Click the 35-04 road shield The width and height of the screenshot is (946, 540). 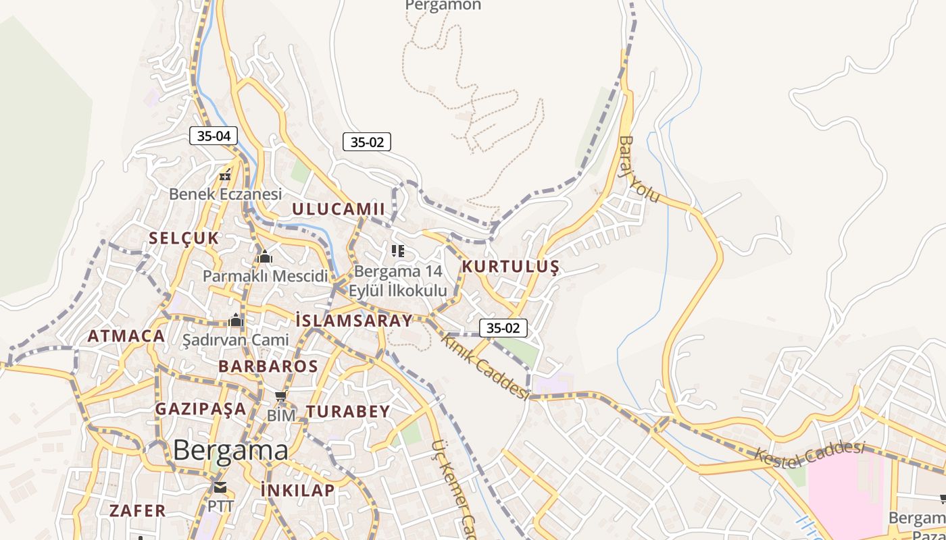pyautogui.click(x=214, y=136)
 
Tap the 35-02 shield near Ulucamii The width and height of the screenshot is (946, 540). pyautogui.click(x=367, y=142)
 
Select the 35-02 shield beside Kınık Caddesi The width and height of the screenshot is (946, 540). pyautogui.click(x=503, y=328)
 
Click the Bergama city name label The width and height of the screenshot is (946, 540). pyautogui.click(x=230, y=450)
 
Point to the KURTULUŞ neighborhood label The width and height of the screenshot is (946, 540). pyautogui.click(x=510, y=267)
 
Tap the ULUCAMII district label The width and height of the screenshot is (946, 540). pyautogui.click(x=338, y=209)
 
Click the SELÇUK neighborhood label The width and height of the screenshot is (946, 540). pyautogui.click(x=184, y=238)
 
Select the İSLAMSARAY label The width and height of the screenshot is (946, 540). pyautogui.click(x=353, y=320)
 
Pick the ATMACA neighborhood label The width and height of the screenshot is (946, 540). pyautogui.click(x=126, y=335)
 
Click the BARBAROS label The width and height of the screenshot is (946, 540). pyautogui.click(x=268, y=366)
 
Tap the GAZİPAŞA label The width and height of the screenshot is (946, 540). pyautogui.click(x=201, y=408)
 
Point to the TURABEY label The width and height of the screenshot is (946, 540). pyautogui.click(x=348, y=411)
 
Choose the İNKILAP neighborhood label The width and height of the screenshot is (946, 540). pyautogui.click(x=297, y=490)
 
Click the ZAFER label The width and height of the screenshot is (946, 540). pyautogui.click(x=137, y=510)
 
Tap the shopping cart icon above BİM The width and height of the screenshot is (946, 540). pyautogui.click(x=281, y=396)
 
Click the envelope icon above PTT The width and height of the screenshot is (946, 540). pyautogui.click(x=220, y=487)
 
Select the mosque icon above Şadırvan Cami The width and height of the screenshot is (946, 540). pyautogui.click(x=236, y=320)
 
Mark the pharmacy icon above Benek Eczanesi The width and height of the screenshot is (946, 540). pyautogui.click(x=224, y=176)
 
